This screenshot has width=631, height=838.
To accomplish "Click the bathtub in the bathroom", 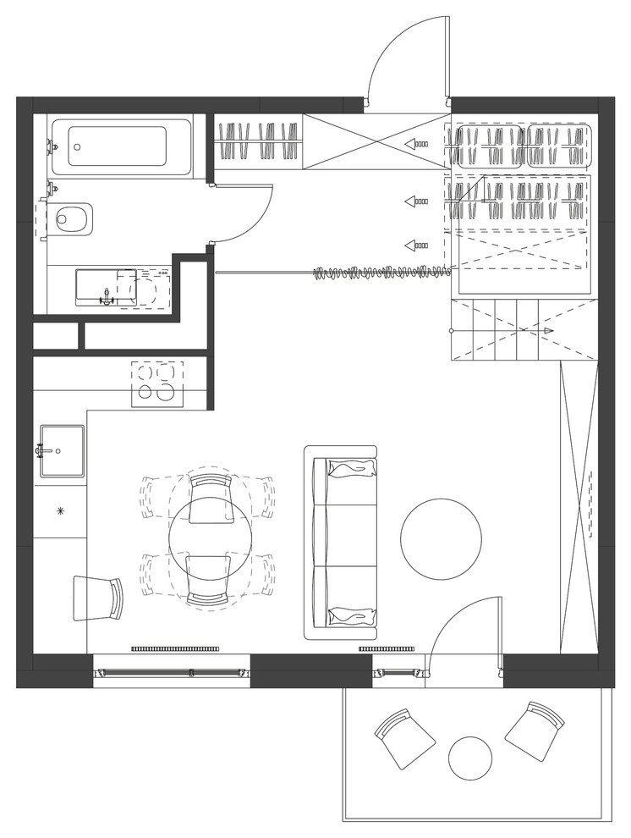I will pos(121,146).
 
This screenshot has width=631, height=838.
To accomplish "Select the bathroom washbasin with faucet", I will pos(106,286).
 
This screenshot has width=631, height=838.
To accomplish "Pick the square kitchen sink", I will pos(61,451).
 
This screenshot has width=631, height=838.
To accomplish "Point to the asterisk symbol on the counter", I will pos(60,510).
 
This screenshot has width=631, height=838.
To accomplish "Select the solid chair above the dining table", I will pos(210,498).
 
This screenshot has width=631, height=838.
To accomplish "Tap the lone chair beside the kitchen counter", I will pos(98,597).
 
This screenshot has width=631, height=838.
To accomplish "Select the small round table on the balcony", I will pos(470,758).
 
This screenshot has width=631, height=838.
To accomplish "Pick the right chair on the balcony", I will pos(535,729).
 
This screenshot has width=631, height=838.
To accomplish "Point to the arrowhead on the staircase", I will pos(549,330).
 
